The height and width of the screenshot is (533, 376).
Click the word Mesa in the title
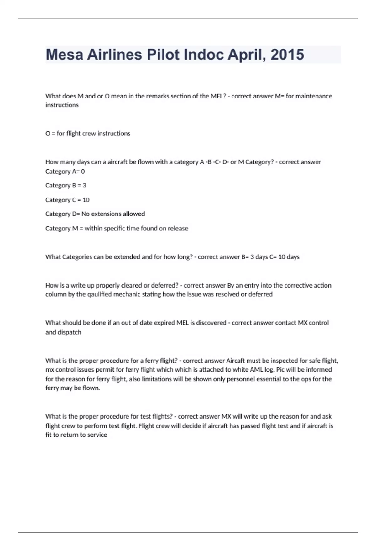[64, 55]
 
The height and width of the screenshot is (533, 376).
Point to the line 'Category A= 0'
[65, 172]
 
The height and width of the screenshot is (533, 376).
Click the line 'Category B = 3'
[66, 185]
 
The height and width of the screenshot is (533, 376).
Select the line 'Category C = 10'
[67, 200]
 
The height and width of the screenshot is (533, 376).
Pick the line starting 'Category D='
[95, 214]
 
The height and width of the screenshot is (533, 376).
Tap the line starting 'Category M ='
[117, 228]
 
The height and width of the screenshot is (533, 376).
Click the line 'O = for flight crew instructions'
[88, 133]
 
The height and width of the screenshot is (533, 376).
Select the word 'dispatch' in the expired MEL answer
[70, 332]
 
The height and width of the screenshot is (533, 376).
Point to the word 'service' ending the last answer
[97, 435]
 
